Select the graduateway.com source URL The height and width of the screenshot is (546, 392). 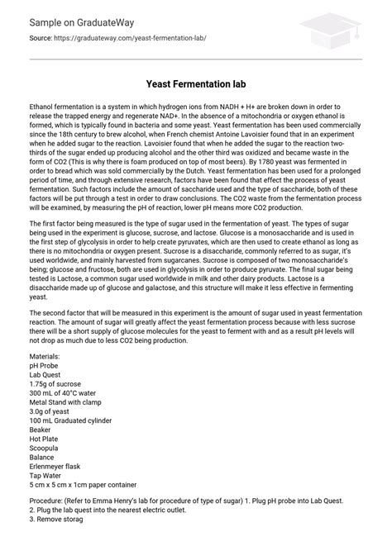132,39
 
